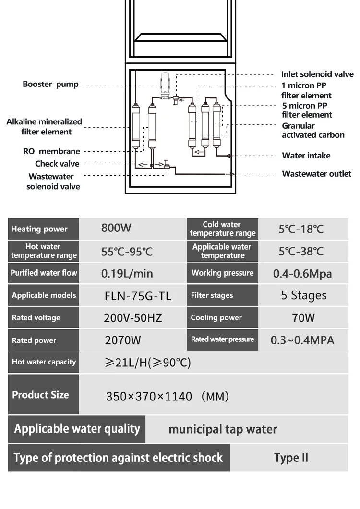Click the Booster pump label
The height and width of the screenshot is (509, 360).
(x=50, y=84)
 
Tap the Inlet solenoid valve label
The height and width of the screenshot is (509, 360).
(x=317, y=74)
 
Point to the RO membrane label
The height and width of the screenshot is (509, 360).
(x=52, y=151)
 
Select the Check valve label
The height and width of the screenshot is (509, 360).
(x=57, y=164)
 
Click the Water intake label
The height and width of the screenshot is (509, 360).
(x=306, y=155)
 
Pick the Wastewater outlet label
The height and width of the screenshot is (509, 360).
(x=316, y=174)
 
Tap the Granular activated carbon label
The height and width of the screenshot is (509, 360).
(x=313, y=130)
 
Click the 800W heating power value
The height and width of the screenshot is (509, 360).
(x=116, y=228)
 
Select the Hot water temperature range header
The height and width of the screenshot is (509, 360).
(x=44, y=251)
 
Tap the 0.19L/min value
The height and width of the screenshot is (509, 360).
(x=127, y=273)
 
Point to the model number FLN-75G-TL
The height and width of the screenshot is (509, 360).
(x=137, y=295)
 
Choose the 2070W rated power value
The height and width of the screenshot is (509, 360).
(x=123, y=340)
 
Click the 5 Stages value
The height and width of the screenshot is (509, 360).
(x=303, y=295)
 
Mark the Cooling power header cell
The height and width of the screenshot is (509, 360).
(x=216, y=317)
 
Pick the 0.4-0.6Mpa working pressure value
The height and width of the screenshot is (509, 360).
(x=302, y=273)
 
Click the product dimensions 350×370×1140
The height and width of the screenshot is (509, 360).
(x=149, y=397)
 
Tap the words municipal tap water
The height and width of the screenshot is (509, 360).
(x=223, y=429)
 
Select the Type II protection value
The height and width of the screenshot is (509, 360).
(x=291, y=458)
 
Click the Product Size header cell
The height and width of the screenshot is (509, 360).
(x=40, y=395)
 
